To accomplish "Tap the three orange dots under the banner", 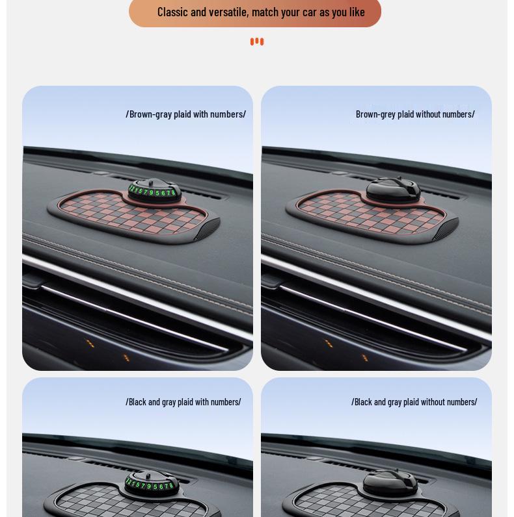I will (257, 42).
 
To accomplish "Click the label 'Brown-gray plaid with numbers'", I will (185, 114).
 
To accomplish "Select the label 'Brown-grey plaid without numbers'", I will (415, 114).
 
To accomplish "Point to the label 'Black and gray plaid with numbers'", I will (183, 402).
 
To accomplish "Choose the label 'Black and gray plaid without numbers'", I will (414, 402).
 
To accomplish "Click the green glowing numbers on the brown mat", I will (152, 192).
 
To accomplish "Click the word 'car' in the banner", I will (310, 12).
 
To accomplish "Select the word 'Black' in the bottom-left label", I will (137, 402).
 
